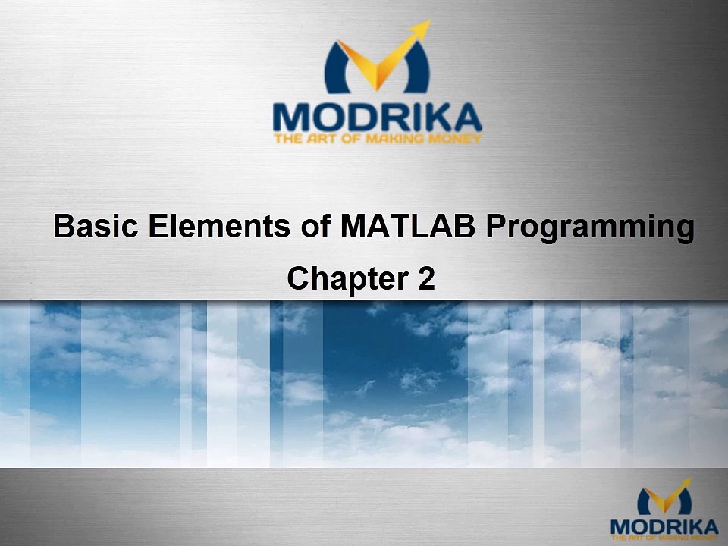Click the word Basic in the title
(x=94, y=227)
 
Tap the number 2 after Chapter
(x=427, y=279)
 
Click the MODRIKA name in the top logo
(x=377, y=117)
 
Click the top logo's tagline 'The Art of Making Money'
(x=377, y=139)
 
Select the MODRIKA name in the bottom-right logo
(x=664, y=526)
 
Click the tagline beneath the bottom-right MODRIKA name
(x=664, y=538)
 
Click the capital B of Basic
(x=64, y=227)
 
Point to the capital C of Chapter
(x=298, y=279)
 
